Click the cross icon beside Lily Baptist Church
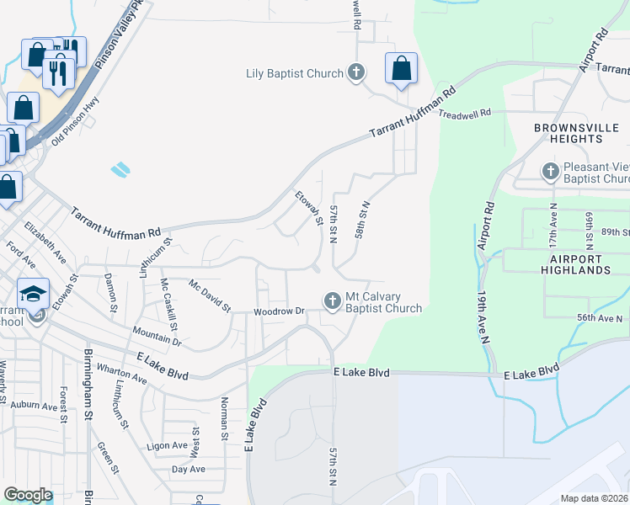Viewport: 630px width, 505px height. click(x=356, y=73)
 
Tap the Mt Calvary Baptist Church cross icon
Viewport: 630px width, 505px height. click(x=333, y=300)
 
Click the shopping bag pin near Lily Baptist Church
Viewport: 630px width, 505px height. click(x=402, y=69)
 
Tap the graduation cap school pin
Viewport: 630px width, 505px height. click(x=33, y=294)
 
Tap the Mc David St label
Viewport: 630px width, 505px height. click(x=209, y=295)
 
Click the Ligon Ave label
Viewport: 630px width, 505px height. click(x=166, y=445)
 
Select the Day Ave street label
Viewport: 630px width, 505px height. click(x=188, y=469)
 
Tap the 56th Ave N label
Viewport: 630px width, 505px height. click(x=600, y=318)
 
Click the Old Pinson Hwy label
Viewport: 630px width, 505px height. click(x=75, y=120)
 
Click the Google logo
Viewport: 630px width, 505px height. click(x=28, y=495)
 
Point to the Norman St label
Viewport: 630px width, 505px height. click(x=224, y=419)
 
